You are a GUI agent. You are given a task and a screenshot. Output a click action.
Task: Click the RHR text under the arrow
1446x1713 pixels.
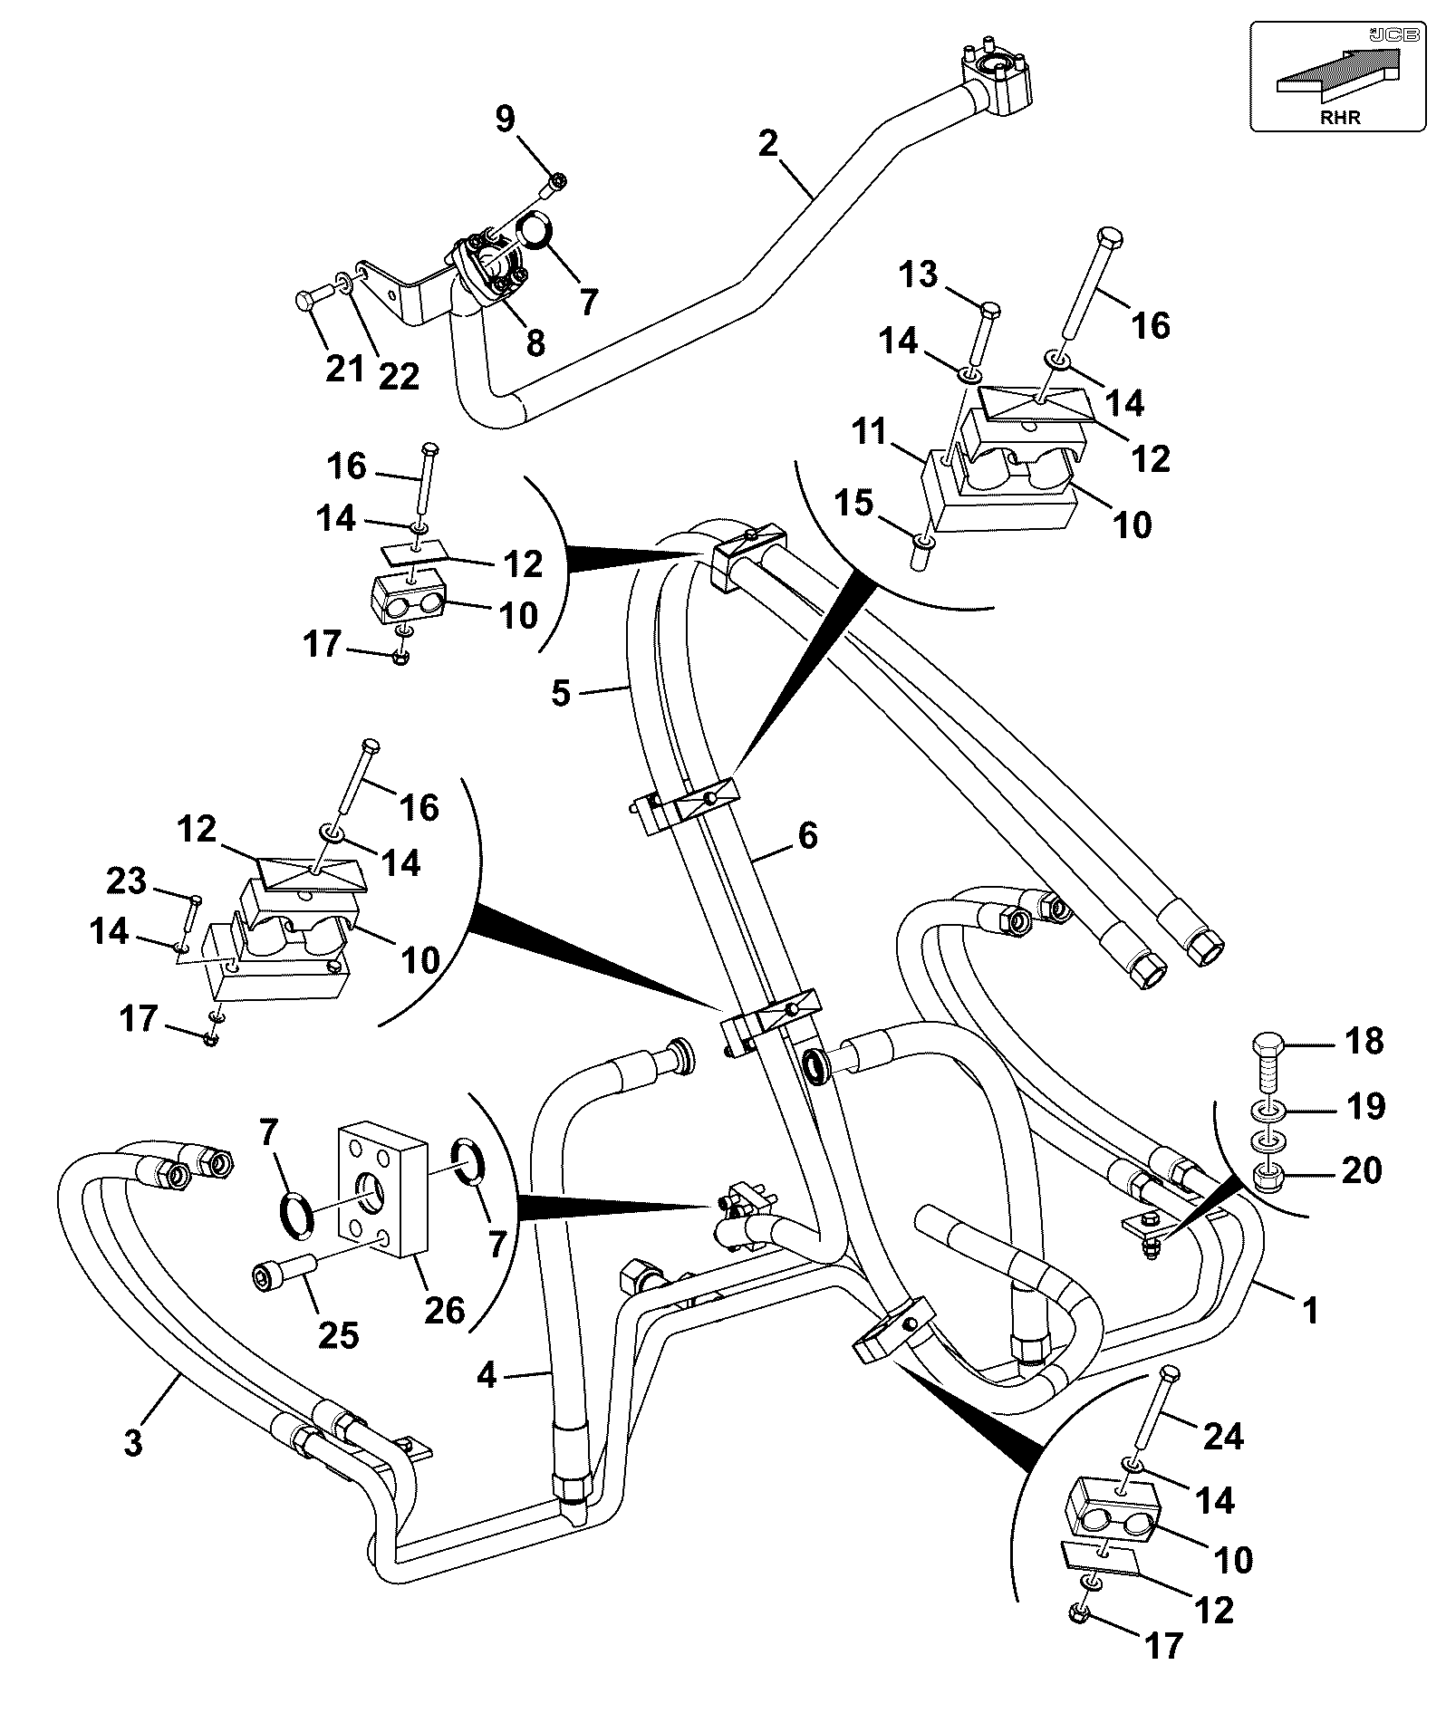[1341, 117]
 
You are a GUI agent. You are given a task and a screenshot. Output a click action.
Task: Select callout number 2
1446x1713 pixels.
[768, 143]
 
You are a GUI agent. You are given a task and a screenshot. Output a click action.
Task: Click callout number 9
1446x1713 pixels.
[505, 119]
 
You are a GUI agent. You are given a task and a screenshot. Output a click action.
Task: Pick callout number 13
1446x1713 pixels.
[919, 274]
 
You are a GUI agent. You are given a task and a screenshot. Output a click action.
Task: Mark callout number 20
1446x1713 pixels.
[1362, 1171]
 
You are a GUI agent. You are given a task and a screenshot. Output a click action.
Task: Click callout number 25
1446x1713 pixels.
[337, 1334]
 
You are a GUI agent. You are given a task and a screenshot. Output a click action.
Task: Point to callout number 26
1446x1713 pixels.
[445, 1310]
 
